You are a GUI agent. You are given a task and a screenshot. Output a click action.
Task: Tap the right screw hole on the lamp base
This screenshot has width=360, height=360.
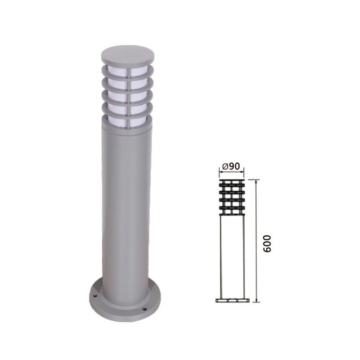pyautogui.click(x=144, y=309)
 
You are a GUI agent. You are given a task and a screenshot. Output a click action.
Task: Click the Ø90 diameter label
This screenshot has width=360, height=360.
pyautogui.click(x=231, y=166)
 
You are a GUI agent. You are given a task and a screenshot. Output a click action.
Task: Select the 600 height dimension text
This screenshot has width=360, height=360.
pyautogui.click(x=267, y=244)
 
